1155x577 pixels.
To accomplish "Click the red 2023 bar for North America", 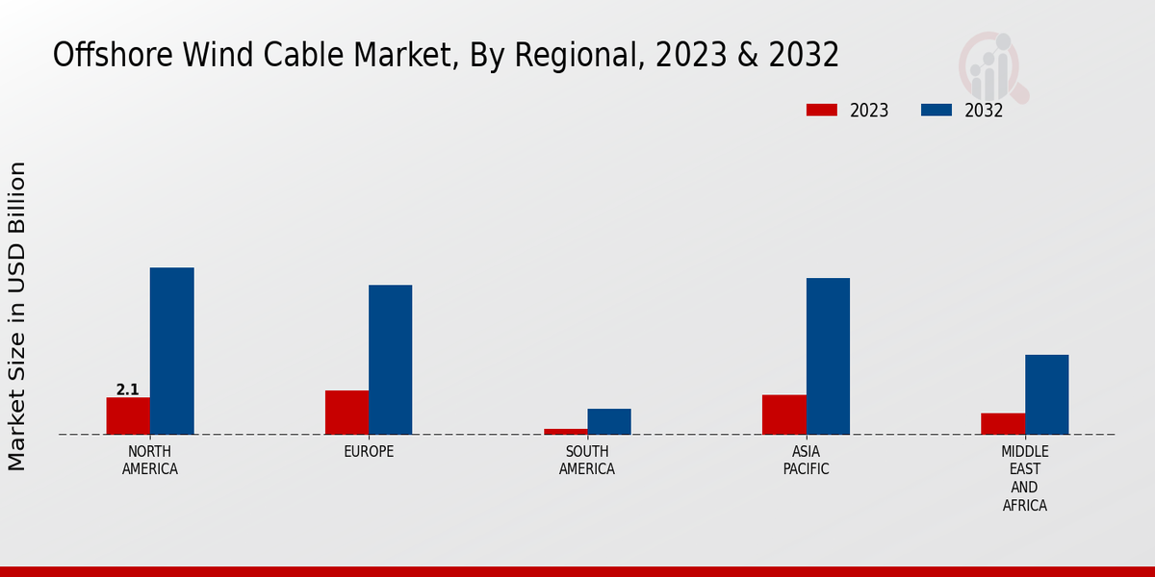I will [128, 415].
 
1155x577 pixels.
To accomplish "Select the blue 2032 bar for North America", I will [171, 351].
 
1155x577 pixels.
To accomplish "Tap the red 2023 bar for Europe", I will [346, 412].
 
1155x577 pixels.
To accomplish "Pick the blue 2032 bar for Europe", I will [390, 360].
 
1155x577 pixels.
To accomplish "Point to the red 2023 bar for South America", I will [565, 431].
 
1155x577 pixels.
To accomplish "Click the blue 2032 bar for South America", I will [609, 421].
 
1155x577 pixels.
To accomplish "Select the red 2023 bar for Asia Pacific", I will [783, 414].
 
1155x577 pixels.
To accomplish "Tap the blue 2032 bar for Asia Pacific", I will [828, 356].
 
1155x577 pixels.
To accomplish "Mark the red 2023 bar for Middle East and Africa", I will [1003, 423].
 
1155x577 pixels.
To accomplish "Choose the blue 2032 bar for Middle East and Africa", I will [1046, 394].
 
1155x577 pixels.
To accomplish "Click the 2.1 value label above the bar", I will [127, 389].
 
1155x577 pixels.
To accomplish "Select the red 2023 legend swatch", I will [821, 111].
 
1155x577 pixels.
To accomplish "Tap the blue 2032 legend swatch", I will [936, 111].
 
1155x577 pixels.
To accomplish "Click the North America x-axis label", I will [149, 461].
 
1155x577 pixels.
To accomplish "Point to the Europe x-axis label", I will [369, 452].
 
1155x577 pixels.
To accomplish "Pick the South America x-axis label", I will [587, 461].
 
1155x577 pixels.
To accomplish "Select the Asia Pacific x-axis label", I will [806, 461].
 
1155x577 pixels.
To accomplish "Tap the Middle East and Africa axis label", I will [1024, 478].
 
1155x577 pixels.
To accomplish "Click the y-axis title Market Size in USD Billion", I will [17, 315].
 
